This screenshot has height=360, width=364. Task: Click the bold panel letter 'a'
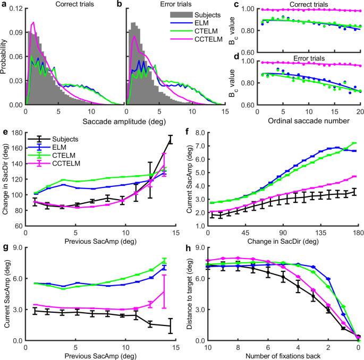4,4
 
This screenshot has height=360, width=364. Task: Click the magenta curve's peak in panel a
33,22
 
